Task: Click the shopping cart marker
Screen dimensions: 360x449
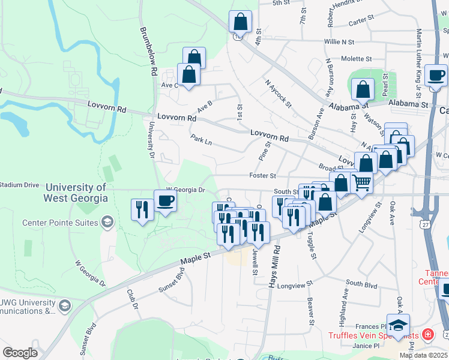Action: coord(361,182)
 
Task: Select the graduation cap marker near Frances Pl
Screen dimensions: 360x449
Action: coord(398,325)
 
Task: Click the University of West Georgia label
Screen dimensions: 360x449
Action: coord(76,193)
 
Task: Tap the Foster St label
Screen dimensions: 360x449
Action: coord(264,176)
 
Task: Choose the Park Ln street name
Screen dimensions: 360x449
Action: coord(202,139)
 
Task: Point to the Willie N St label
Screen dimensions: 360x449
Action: coord(339,42)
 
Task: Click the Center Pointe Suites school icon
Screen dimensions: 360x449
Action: coord(107,223)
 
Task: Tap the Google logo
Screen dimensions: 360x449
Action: coord(20,353)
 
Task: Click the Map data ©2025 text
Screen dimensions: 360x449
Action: coord(423,355)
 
